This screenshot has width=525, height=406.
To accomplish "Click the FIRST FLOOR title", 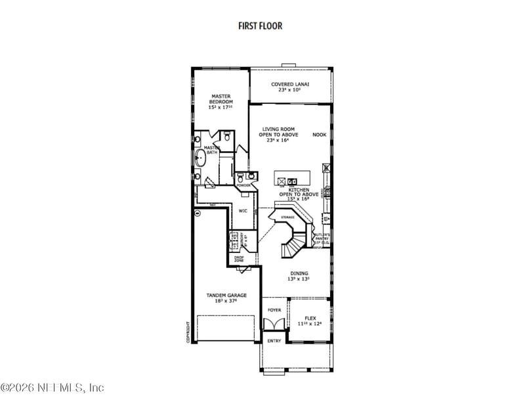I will pos(260,26).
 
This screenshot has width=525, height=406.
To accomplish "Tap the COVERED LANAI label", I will pos(290,84).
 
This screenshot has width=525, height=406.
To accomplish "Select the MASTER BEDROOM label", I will pos(220,99).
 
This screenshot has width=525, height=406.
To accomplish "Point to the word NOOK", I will pos(319,135).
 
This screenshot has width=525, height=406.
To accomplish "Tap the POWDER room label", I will pos(244,186).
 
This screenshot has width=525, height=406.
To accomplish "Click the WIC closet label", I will pos(242,211).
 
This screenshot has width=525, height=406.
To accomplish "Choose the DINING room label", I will pos(299,273).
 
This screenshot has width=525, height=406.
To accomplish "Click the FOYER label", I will pos(274,309).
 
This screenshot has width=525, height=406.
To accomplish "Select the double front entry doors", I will pos(273,324).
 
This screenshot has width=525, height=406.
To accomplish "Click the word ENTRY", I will pos(274,341).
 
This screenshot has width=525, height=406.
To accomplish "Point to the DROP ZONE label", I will pos(239,259).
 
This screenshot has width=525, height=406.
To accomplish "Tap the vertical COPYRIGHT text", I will pos(188,332).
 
